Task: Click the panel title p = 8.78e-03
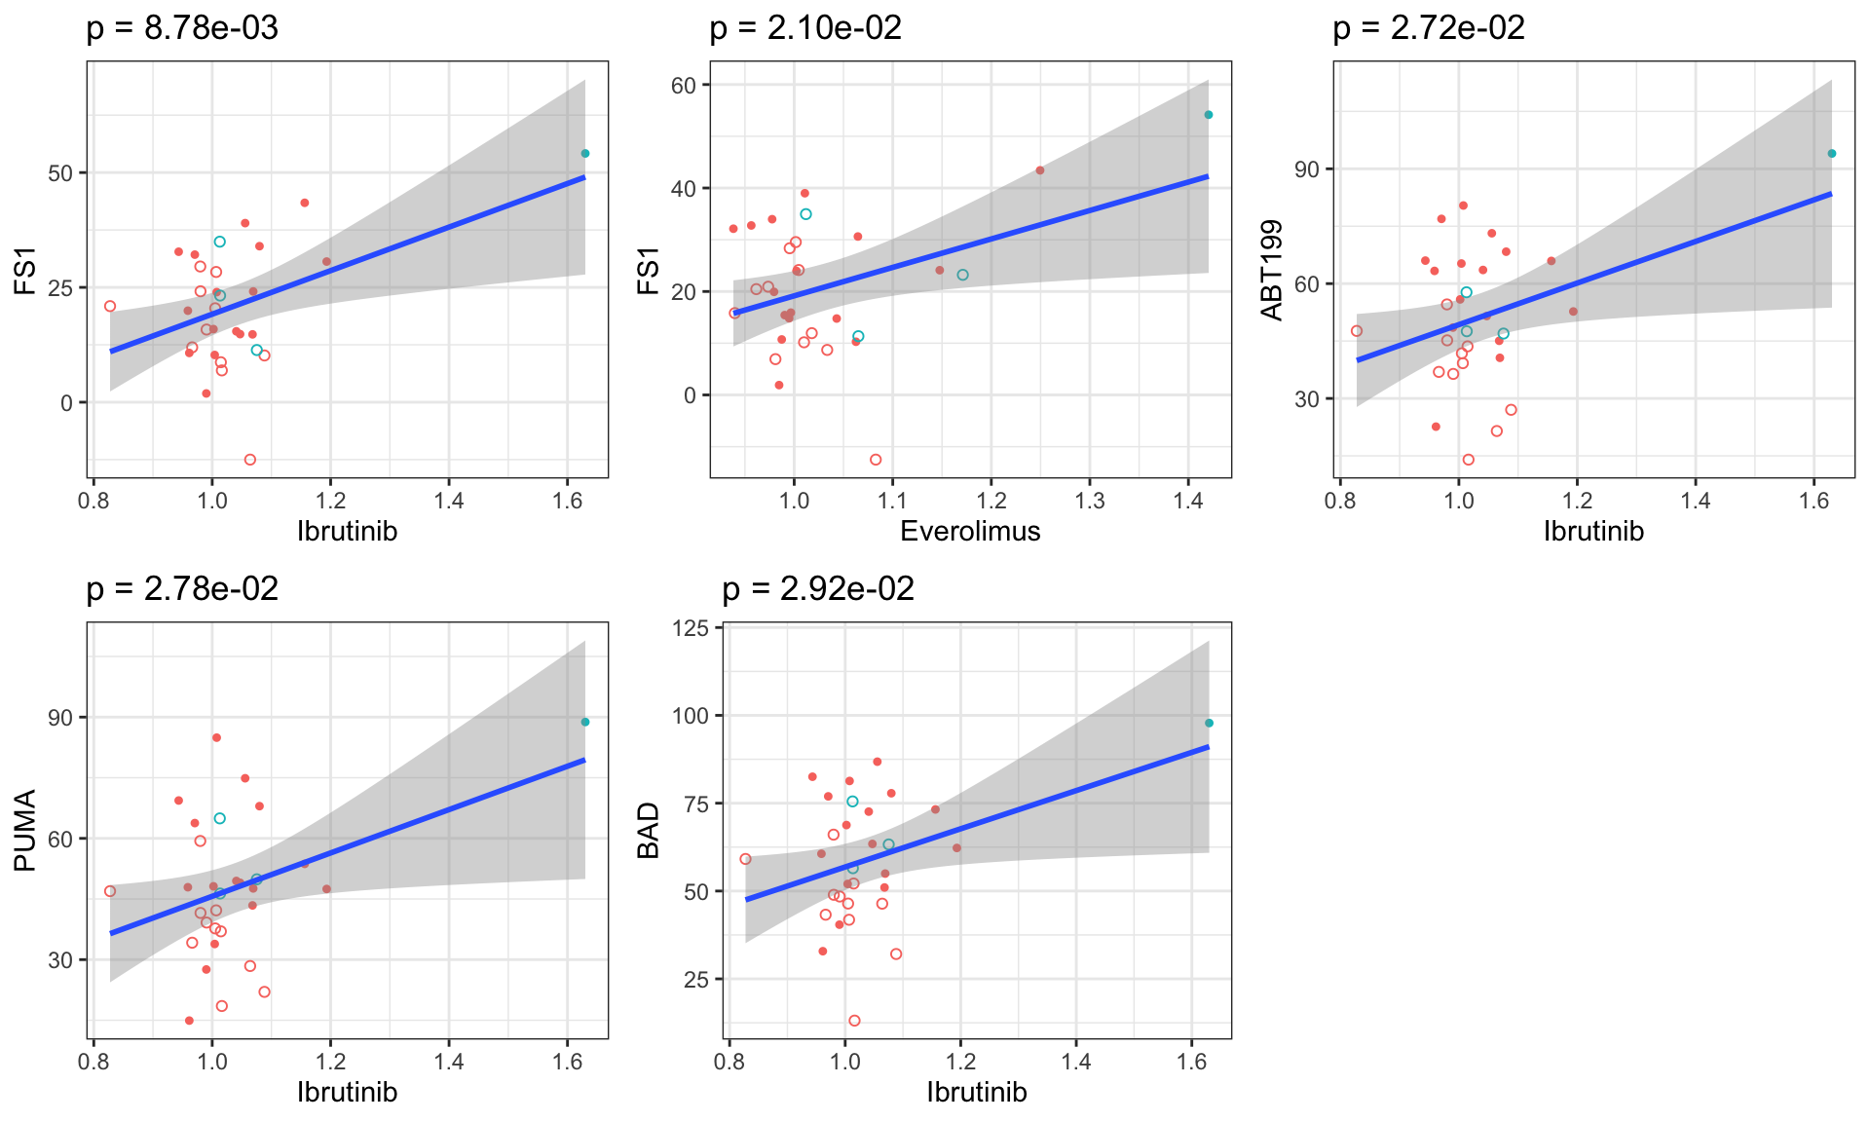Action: [182, 28]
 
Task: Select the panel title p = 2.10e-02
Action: [805, 28]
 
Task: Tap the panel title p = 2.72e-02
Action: [1429, 28]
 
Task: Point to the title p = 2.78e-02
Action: [182, 589]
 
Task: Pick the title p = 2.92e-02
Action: [818, 589]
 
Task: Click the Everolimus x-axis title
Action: [970, 531]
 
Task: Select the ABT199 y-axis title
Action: [1272, 270]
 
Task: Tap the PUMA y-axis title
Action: [25, 831]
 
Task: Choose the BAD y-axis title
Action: [649, 831]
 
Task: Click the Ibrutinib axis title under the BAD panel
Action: [976, 1092]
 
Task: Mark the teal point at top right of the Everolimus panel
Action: [1209, 115]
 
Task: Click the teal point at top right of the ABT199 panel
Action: [1832, 154]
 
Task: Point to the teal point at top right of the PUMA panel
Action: [585, 722]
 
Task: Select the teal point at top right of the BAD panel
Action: [1209, 723]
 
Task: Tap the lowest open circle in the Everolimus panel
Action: [876, 460]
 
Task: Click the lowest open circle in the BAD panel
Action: [854, 1021]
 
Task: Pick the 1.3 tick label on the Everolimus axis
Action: [1089, 502]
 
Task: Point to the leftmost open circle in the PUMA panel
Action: [110, 891]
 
